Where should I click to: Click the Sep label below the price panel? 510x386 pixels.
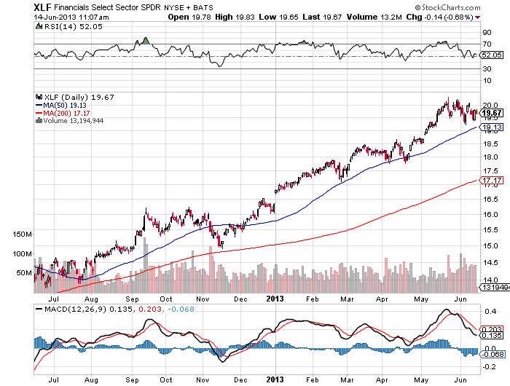133,299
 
